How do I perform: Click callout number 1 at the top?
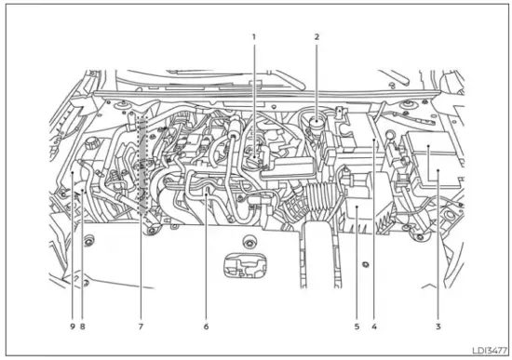click(x=252, y=37)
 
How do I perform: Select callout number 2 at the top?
click(x=317, y=37)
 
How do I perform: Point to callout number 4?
click(x=373, y=327)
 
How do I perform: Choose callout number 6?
click(x=206, y=327)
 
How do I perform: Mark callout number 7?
click(x=141, y=327)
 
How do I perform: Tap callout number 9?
click(x=71, y=327)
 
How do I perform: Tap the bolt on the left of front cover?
click(x=88, y=244)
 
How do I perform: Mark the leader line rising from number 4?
click(x=373, y=233)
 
